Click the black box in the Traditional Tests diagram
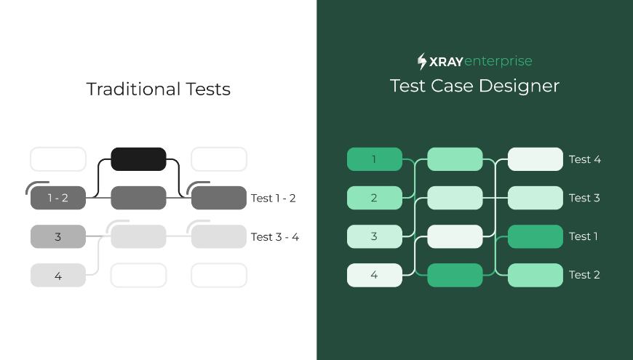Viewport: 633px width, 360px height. [x=138, y=159]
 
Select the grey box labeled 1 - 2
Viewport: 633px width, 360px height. [x=58, y=198]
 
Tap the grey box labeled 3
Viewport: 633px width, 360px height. [x=58, y=236]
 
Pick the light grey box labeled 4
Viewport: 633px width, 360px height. [x=58, y=275]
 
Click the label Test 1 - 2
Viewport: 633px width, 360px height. [x=274, y=198]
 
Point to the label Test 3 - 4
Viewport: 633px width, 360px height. [x=275, y=237]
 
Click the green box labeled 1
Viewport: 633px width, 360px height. [x=375, y=159]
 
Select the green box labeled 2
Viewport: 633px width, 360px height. [x=375, y=198]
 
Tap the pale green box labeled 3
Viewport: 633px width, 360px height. [x=375, y=236]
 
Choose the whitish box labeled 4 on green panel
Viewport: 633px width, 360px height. [x=375, y=275]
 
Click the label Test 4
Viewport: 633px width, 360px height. [x=585, y=159]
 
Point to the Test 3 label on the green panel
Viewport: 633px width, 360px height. [x=584, y=198]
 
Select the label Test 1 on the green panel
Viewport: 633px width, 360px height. [x=584, y=236]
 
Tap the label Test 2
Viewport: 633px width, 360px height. [x=584, y=275]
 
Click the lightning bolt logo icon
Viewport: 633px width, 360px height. [x=422, y=61]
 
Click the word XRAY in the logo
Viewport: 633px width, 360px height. [x=446, y=62]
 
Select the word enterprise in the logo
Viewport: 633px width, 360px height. [x=498, y=61]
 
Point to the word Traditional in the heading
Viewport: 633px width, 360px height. [x=134, y=89]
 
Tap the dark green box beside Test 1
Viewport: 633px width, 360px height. [x=536, y=236]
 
